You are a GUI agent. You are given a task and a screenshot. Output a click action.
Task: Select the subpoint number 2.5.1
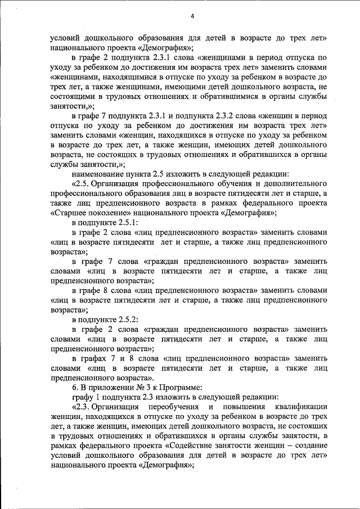point(116,222)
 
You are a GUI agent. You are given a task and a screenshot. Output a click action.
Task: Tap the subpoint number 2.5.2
point(116,319)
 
